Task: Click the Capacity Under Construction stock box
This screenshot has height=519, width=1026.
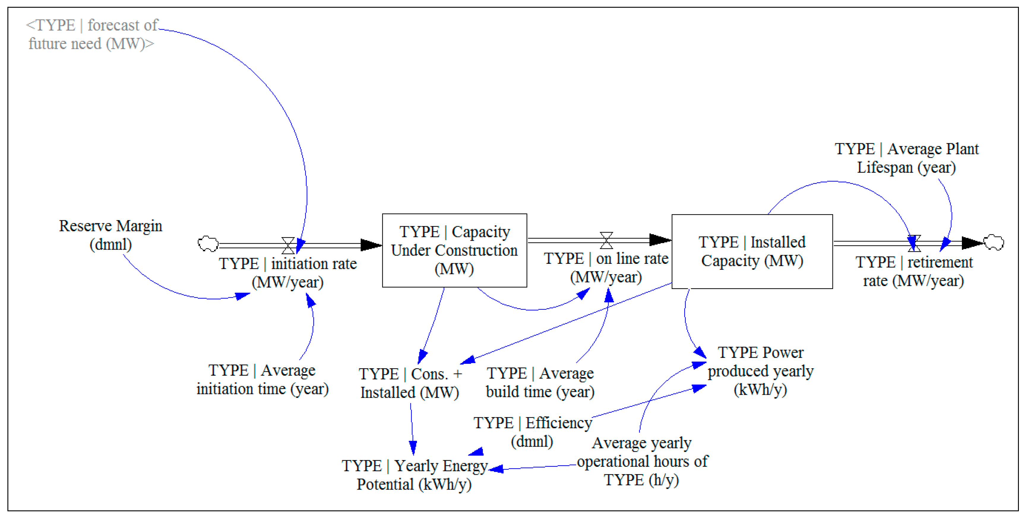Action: pyautogui.click(x=454, y=250)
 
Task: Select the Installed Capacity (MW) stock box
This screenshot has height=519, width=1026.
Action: pyautogui.click(x=752, y=252)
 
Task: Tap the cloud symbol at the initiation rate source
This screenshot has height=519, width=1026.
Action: pyautogui.click(x=208, y=244)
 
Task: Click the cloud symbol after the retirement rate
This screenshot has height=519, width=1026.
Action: pyautogui.click(x=993, y=242)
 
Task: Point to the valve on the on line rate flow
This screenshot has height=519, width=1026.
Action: pyautogui.click(x=606, y=240)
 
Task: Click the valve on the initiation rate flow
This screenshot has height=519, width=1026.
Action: pyautogui.click(x=288, y=246)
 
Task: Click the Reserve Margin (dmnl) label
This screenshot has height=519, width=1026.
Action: pyautogui.click(x=110, y=235)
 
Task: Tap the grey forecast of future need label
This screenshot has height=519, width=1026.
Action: pyautogui.click(x=91, y=34)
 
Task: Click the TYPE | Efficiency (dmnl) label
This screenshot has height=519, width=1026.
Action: pyautogui.click(x=532, y=432)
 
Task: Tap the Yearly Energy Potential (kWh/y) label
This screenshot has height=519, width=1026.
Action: pyautogui.click(x=414, y=474)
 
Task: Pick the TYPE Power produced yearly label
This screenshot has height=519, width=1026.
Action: pyautogui.click(x=760, y=371)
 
